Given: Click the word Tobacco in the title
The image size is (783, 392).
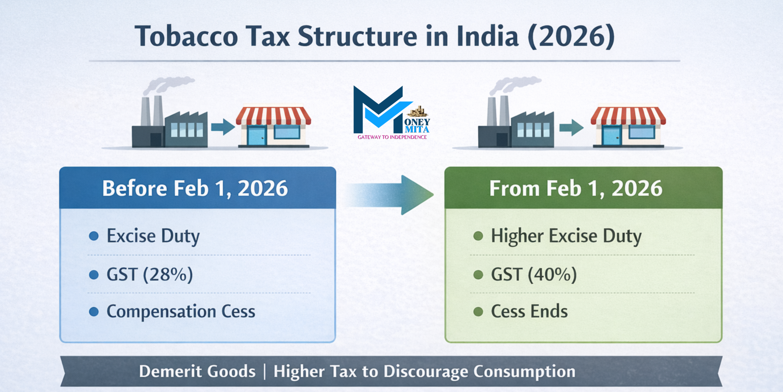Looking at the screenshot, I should pyautogui.click(x=186, y=36).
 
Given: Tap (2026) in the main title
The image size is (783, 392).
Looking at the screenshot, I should pyautogui.click(x=571, y=36).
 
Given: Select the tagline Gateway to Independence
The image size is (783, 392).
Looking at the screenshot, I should pyautogui.click(x=392, y=137).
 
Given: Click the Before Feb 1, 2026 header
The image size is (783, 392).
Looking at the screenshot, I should pyautogui.click(x=195, y=188).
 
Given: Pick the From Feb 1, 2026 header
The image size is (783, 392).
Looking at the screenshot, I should pyautogui.click(x=576, y=188).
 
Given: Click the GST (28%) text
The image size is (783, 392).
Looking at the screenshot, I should pyautogui.click(x=150, y=274).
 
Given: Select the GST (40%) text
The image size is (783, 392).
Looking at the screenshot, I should pyautogui.click(x=534, y=274).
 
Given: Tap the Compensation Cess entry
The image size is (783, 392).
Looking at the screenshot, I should pyautogui.click(x=181, y=311).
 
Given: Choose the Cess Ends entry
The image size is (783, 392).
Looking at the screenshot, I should pyautogui.click(x=529, y=311).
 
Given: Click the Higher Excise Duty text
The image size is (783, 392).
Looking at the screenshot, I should pyautogui.click(x=566, y=236).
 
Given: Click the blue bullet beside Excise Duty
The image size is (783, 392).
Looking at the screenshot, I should pyautogui.click(x=94, y=236).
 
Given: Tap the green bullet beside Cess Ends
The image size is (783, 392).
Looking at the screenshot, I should pyautogui.click(x=478, y=312).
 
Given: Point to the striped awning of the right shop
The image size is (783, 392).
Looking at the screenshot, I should pyautogui.click(x=628, y=115).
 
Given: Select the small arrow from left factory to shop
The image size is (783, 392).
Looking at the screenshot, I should pyautogui.click(x=222, y=127).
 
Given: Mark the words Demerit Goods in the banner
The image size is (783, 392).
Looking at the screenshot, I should pyautogui.click(x=197, y=371).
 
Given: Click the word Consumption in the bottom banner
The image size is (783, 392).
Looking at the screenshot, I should pyautogui.click(x=524, y=371).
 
